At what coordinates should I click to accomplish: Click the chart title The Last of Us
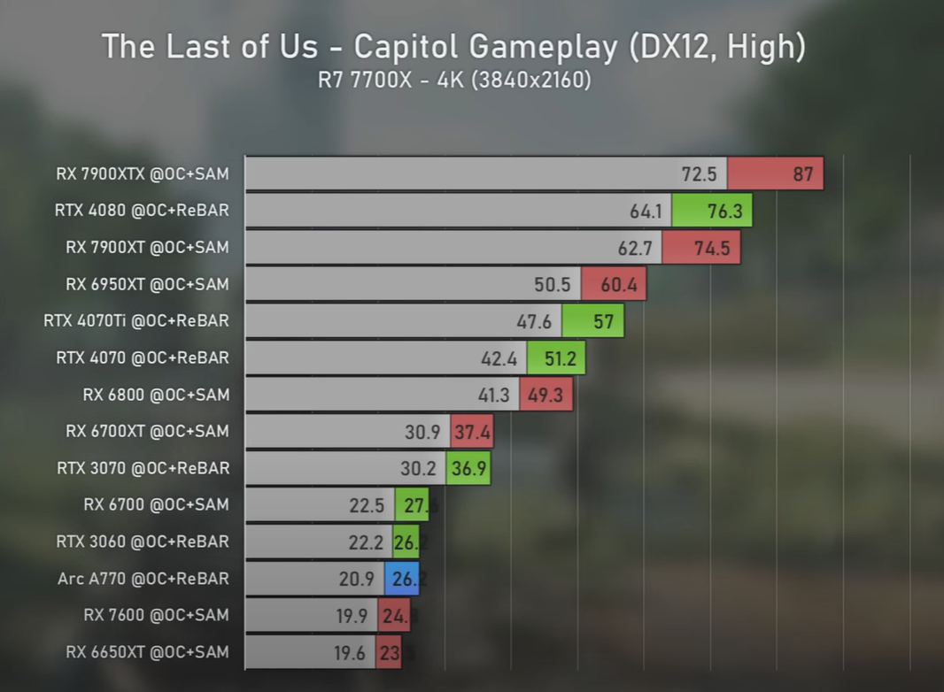pos(453,46)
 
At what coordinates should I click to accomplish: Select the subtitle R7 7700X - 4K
pos(453,81)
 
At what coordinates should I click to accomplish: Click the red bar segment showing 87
pos(776,173)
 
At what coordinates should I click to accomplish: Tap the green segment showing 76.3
pos(712,211)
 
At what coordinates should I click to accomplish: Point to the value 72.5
pos(699,174)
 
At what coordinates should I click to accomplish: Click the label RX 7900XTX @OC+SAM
pos(142,174)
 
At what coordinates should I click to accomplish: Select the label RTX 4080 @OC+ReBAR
pos(141,211)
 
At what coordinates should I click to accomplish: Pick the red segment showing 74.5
pos(700,248)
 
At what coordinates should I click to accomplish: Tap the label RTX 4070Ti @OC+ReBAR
pos(135,321)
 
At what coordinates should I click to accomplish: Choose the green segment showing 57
pos(592,321)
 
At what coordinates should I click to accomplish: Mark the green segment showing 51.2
pos(556,358)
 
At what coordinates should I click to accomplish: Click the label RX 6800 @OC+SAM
pos(156,395)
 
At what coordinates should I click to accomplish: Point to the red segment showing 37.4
pos(471,431)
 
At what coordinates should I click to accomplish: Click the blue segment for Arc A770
pos(402,579)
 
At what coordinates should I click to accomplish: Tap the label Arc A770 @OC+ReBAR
pos(143,579)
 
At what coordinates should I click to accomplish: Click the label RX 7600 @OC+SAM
pos(156,615)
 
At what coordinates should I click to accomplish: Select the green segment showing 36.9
pos(468,468)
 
